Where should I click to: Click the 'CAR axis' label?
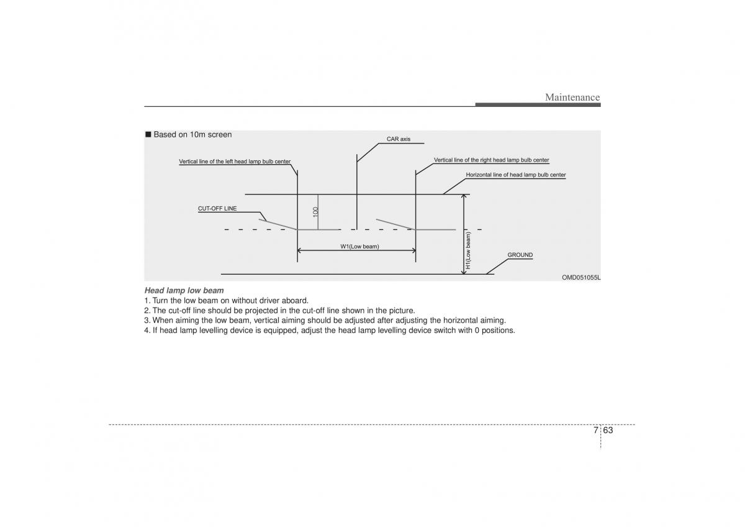399,139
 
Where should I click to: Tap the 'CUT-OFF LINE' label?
217,208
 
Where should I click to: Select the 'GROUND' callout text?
520,255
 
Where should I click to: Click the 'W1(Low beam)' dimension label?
359,246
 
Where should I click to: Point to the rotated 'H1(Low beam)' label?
468,250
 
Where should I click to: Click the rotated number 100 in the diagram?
315,212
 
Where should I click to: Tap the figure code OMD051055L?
581,277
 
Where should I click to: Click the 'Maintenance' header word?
572,97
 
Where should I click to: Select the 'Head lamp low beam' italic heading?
184,290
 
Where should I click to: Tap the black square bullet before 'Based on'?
148,134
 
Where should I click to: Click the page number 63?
608,430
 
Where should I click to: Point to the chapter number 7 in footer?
595,430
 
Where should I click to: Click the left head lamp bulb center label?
235,162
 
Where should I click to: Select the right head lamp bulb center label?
491,160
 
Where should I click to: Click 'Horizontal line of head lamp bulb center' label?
515,175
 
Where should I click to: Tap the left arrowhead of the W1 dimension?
299,250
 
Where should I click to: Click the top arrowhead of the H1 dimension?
464,196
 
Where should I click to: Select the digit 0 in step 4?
477,331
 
